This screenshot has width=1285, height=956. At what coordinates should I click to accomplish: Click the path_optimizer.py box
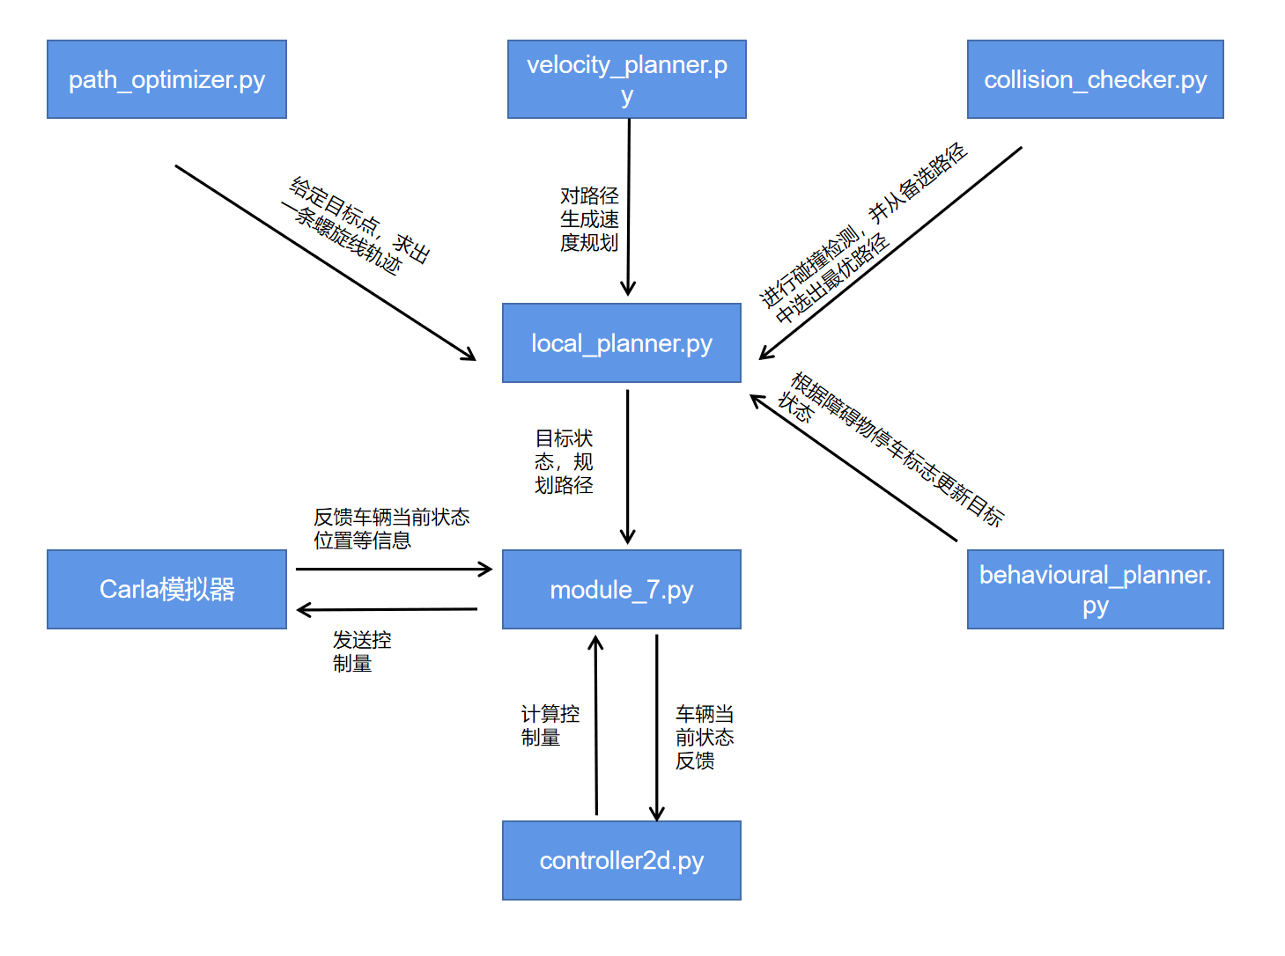click(x=166, y=79)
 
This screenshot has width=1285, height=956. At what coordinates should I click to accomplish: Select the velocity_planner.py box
click(x=626, y=79)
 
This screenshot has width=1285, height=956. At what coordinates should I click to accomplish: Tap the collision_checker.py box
click(x=1095, y=79)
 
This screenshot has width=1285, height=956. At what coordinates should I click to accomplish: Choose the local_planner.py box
click(x=621, y=343)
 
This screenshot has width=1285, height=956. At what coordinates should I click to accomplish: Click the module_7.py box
click(x=621, y=589)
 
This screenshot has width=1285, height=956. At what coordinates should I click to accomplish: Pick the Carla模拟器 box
click(x=166, y=589)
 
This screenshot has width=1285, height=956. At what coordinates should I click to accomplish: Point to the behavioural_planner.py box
click(x=1095, y=589)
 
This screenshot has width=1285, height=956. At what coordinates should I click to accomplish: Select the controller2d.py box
click(x=621, y=860)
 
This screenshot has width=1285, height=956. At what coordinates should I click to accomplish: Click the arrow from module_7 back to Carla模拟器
click(x=388, y=609)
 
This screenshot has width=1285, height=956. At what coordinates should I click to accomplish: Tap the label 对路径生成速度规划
click(x=589, y=219)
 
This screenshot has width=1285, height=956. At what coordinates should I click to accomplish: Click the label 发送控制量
click(x=361, y=651)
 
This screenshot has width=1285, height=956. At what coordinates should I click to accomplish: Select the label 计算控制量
click(x=550, y=725)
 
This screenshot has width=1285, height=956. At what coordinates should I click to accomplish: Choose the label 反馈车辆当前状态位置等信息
click(x=390, y=528)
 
